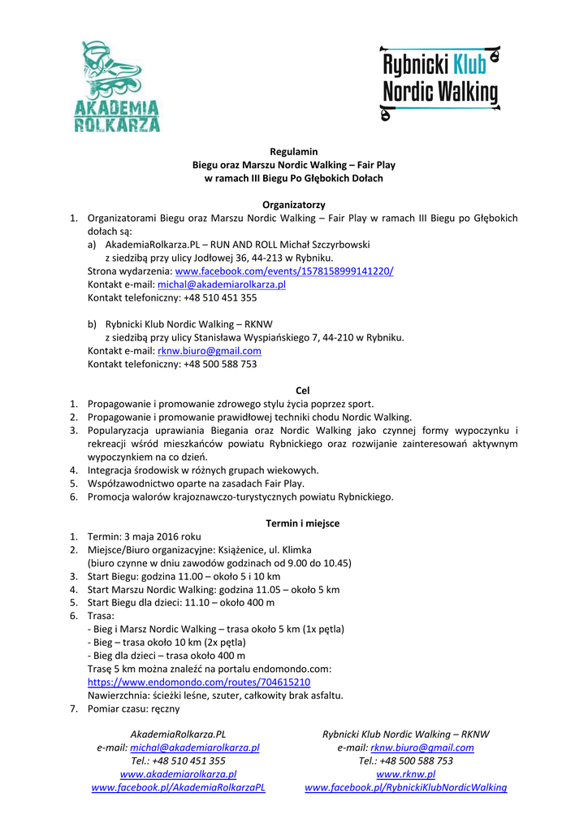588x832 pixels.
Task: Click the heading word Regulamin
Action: click(x=293, y=151)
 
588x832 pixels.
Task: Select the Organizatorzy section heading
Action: click(x=293, y=205)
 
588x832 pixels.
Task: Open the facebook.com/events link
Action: click(x=284, y=271)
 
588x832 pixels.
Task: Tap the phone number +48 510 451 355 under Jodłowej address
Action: click(x=220, y=297)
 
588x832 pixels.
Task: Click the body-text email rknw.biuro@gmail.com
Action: click(x=210, y=351)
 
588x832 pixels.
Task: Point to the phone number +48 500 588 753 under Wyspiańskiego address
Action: click(x=220, y=364)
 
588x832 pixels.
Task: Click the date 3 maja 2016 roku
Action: click(x=162, y=536)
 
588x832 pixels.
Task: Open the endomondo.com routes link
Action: click(x=198, y=682)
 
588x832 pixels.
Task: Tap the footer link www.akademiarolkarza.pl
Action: click(x=178, y=774)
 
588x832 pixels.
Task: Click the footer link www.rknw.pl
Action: click(x=406, y=774)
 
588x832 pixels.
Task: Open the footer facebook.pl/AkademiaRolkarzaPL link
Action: click(x=178, y=787)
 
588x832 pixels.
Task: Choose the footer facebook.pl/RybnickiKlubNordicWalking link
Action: click(x=405, y=787)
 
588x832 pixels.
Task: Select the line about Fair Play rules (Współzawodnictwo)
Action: click(x=196, y=483)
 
